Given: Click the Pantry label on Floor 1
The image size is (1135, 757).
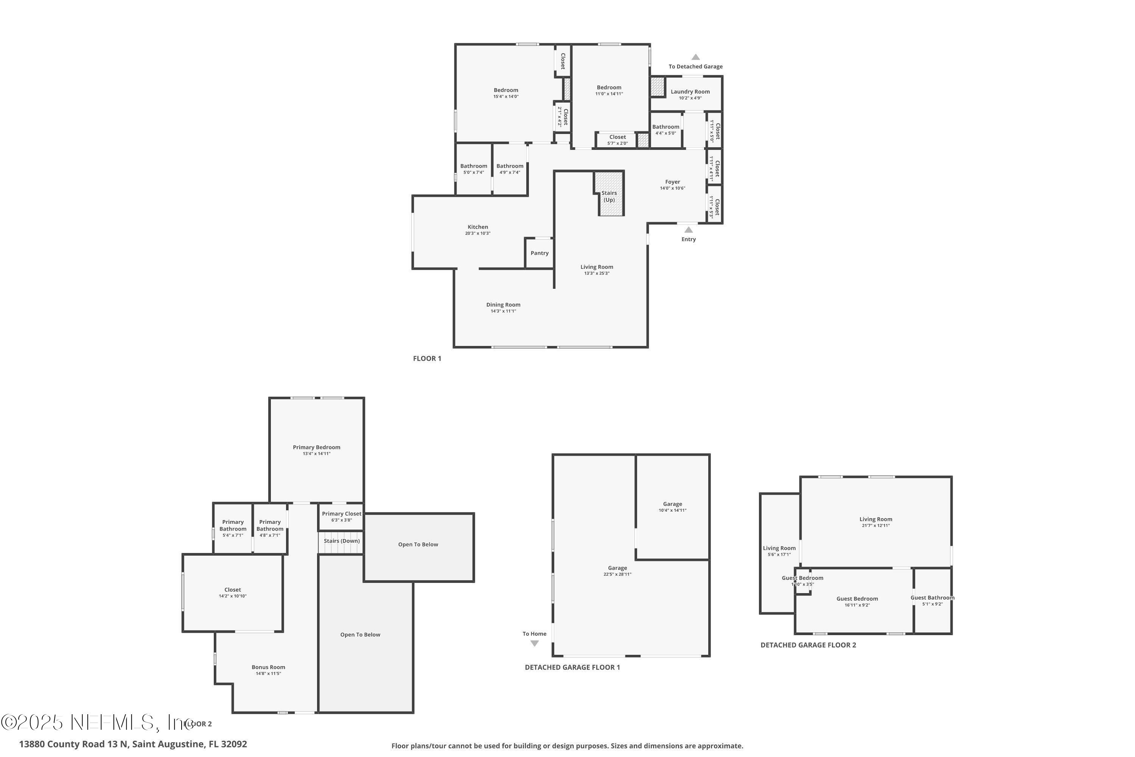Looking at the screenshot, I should pos(539,253).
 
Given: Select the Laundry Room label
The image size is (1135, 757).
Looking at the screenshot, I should pos(690,92).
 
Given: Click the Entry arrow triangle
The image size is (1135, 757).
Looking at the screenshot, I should pos(688,230).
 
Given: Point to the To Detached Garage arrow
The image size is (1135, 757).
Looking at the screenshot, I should pos(695,57).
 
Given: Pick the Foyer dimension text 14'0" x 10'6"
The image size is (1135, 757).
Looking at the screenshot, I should pos(672,188).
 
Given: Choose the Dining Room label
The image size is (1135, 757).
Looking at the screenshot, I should pos(503,305).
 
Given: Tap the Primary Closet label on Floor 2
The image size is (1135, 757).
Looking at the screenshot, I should pos(341,514).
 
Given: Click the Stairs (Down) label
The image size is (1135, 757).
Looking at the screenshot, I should pos(341,541).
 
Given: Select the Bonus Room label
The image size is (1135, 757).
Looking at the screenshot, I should pos(268,667).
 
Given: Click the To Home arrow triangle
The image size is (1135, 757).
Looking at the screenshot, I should pos(534,643).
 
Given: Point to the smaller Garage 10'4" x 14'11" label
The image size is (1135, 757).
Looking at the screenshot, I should pos(672,504).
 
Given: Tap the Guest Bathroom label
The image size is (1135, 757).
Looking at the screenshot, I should pos(932,598).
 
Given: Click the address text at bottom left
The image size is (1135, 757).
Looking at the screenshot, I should pos(133,744).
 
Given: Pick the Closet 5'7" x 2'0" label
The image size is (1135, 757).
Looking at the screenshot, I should pos(617,137).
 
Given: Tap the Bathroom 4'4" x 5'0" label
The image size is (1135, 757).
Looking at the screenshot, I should pos(665,127).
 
